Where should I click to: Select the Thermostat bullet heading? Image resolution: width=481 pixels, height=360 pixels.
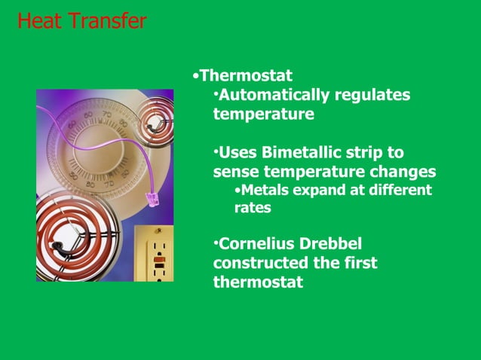tap(247, 76)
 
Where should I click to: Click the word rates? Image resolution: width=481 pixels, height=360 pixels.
tap(253, 208)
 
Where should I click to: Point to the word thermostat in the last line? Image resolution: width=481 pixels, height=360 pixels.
tap(259, 283)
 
